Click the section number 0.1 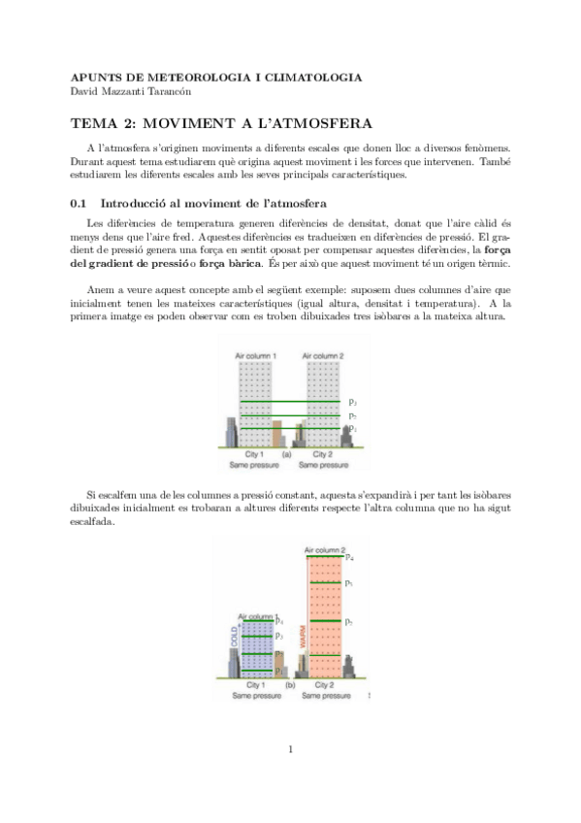[x=80, y=203]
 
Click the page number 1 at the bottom [x=290, y=748]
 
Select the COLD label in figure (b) [x=234, y=637]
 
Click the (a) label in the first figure [x=286, y=453]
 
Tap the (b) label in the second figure [x=290, y=686]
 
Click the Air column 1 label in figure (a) [x=256, y=357]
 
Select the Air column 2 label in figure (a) [x=324, y=357]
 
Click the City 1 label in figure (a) [x=255, y=453]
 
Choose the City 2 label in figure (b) [x=325, y=686]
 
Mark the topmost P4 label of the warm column [x=350, y=558]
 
